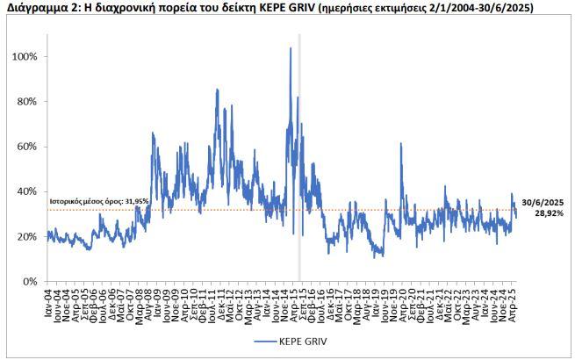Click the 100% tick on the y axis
click(25, 56)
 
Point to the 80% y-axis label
click(26, 102)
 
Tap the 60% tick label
click(26, 147)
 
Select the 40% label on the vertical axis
click(26, 191)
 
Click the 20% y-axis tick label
click(26, 237)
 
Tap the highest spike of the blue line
click(291, 48)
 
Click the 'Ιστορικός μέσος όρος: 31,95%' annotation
click(98, 202)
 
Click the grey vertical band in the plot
click(299, 158)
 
